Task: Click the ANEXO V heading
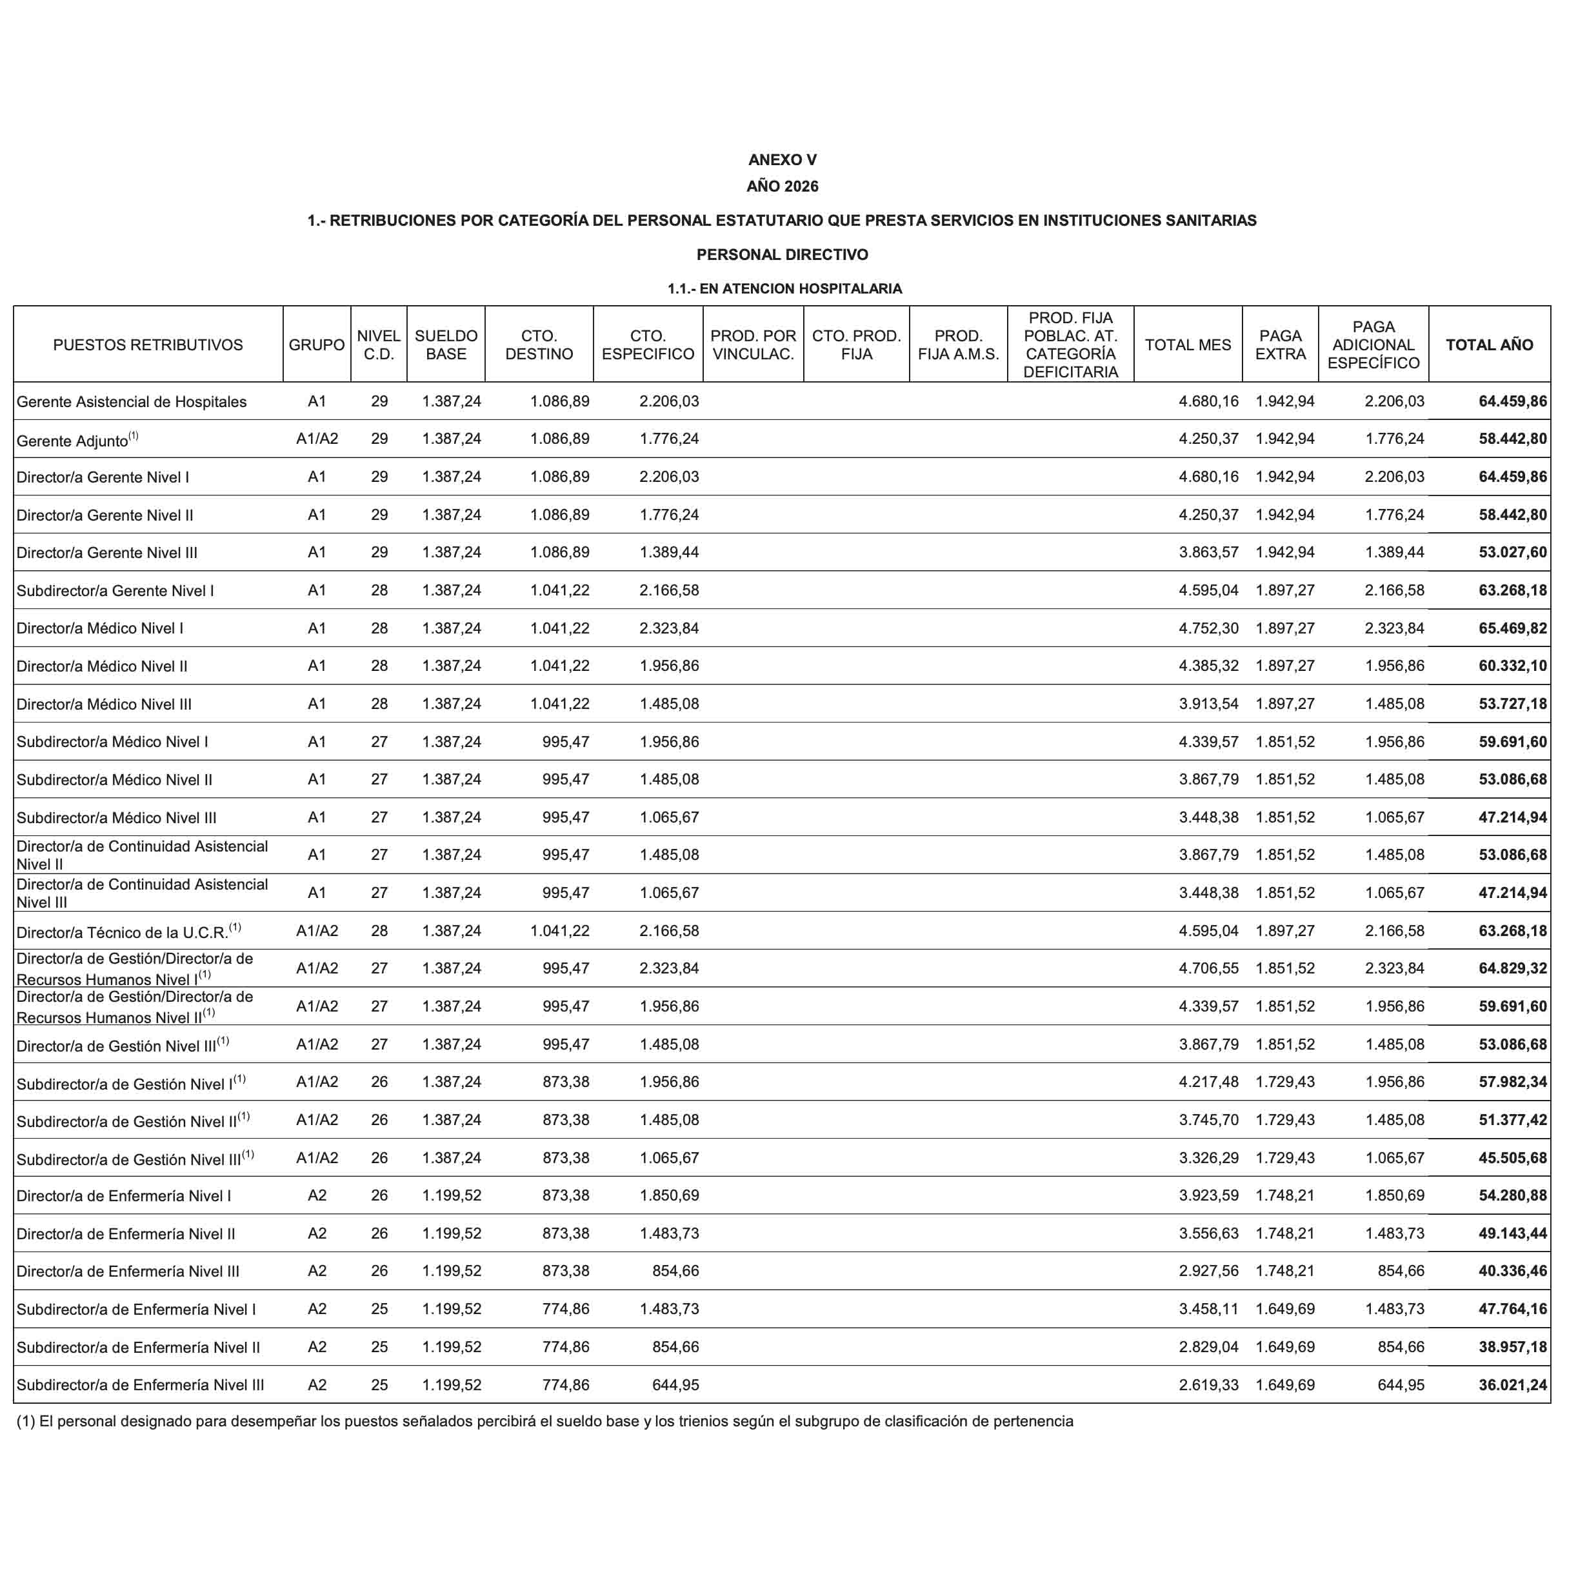click(x=782, y=160)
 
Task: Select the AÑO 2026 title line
click(x=782, y=186)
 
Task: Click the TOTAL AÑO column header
click(x=1488, y=345)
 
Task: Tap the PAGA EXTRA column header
click(x=1280, y=345)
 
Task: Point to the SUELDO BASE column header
click(x=446, y=345)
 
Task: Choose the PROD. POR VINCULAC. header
click(x=752, y=345)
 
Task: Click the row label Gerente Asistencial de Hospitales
click(x=132, y=402)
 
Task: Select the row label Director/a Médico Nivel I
click(x=100, y=628)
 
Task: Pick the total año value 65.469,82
click(x=1512, y=628)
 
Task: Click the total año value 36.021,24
click(x=1512, y=1385)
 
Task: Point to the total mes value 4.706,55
click(x=1208, y=968)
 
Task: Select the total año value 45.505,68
click(x=1512, y=1158)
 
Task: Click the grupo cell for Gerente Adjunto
click(x=317, y=439)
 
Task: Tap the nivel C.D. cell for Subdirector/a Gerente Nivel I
click(x=379, y=590)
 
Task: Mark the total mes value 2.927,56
click(x=1208, y=1272)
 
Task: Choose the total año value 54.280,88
click(x=1512, y=1196)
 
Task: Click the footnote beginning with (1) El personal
click(x=544, y=1422)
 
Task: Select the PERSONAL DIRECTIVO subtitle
click(x=782, y=255)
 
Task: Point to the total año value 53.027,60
click(x=1512, y=553)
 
